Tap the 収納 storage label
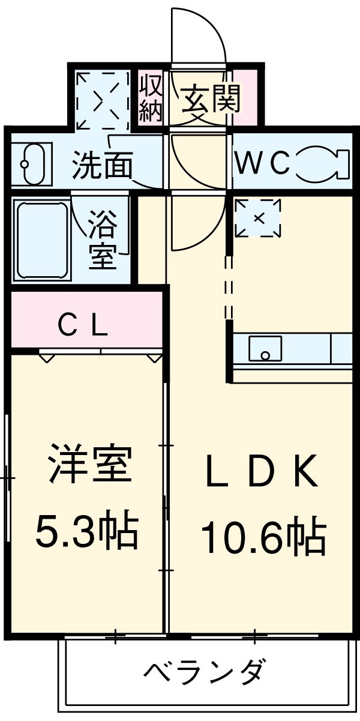pos(151,97)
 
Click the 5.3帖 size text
pos(87,530)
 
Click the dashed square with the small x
pos(258,218)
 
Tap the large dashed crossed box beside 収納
pos(102,100)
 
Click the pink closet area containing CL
pos(84,318)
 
